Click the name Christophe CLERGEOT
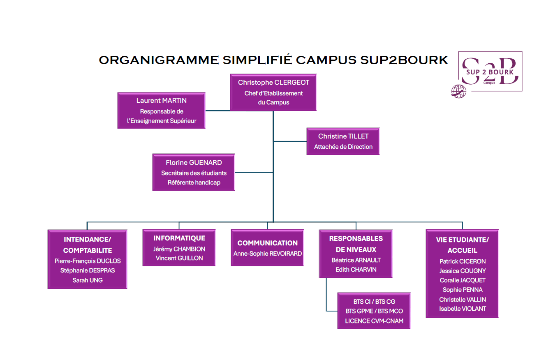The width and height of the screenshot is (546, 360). point(273,83)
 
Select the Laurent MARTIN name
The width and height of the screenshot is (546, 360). point(161,100)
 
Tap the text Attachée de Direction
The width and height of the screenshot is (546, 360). point(343,147)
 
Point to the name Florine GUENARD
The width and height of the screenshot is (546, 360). point(194,162)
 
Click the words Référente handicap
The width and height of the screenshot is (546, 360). point(194,182)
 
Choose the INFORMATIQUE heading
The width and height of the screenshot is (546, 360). point(179,238)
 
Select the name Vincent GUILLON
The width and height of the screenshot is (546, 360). point(179,258)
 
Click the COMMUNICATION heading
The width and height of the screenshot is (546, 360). point(267,243)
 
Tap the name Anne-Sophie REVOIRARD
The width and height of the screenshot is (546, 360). point(267,254)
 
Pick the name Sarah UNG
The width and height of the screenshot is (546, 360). point(88,280)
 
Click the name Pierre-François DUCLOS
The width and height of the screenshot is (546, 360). point(88,261)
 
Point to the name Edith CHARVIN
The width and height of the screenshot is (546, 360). point(356,270)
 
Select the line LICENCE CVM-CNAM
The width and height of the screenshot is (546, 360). point(374,321)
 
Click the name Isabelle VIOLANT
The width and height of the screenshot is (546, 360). point(463,309)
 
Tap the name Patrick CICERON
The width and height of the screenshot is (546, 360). point(463,261)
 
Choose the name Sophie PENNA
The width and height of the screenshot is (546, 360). point(463,290)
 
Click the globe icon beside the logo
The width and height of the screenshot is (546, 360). point(458,91)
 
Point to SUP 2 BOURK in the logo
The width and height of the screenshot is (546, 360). point(490,72)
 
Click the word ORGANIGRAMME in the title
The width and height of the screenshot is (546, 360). point(159,60)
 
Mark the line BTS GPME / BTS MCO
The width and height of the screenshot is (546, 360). point(374,311)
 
